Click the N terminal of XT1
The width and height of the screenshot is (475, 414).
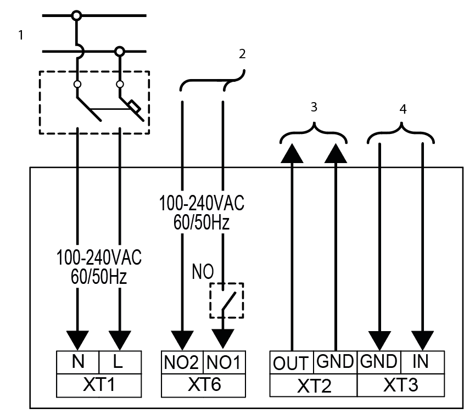pos(77,362)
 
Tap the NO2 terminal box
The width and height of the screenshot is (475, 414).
pos(182,362)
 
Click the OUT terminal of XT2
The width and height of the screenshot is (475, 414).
pos(292,363)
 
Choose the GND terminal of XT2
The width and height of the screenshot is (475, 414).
pos(335,362)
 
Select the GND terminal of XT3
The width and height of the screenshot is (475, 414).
pos(379,362)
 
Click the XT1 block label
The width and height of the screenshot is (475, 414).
pos(98,384)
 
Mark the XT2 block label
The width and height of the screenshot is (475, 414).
pos(314,385)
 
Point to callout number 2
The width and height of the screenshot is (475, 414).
pos(242,54)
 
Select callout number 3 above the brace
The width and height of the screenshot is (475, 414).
pos(314,107)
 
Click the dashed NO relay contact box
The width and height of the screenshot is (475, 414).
pos(226,301)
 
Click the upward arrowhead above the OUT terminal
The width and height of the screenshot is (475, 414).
pos(292,153)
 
